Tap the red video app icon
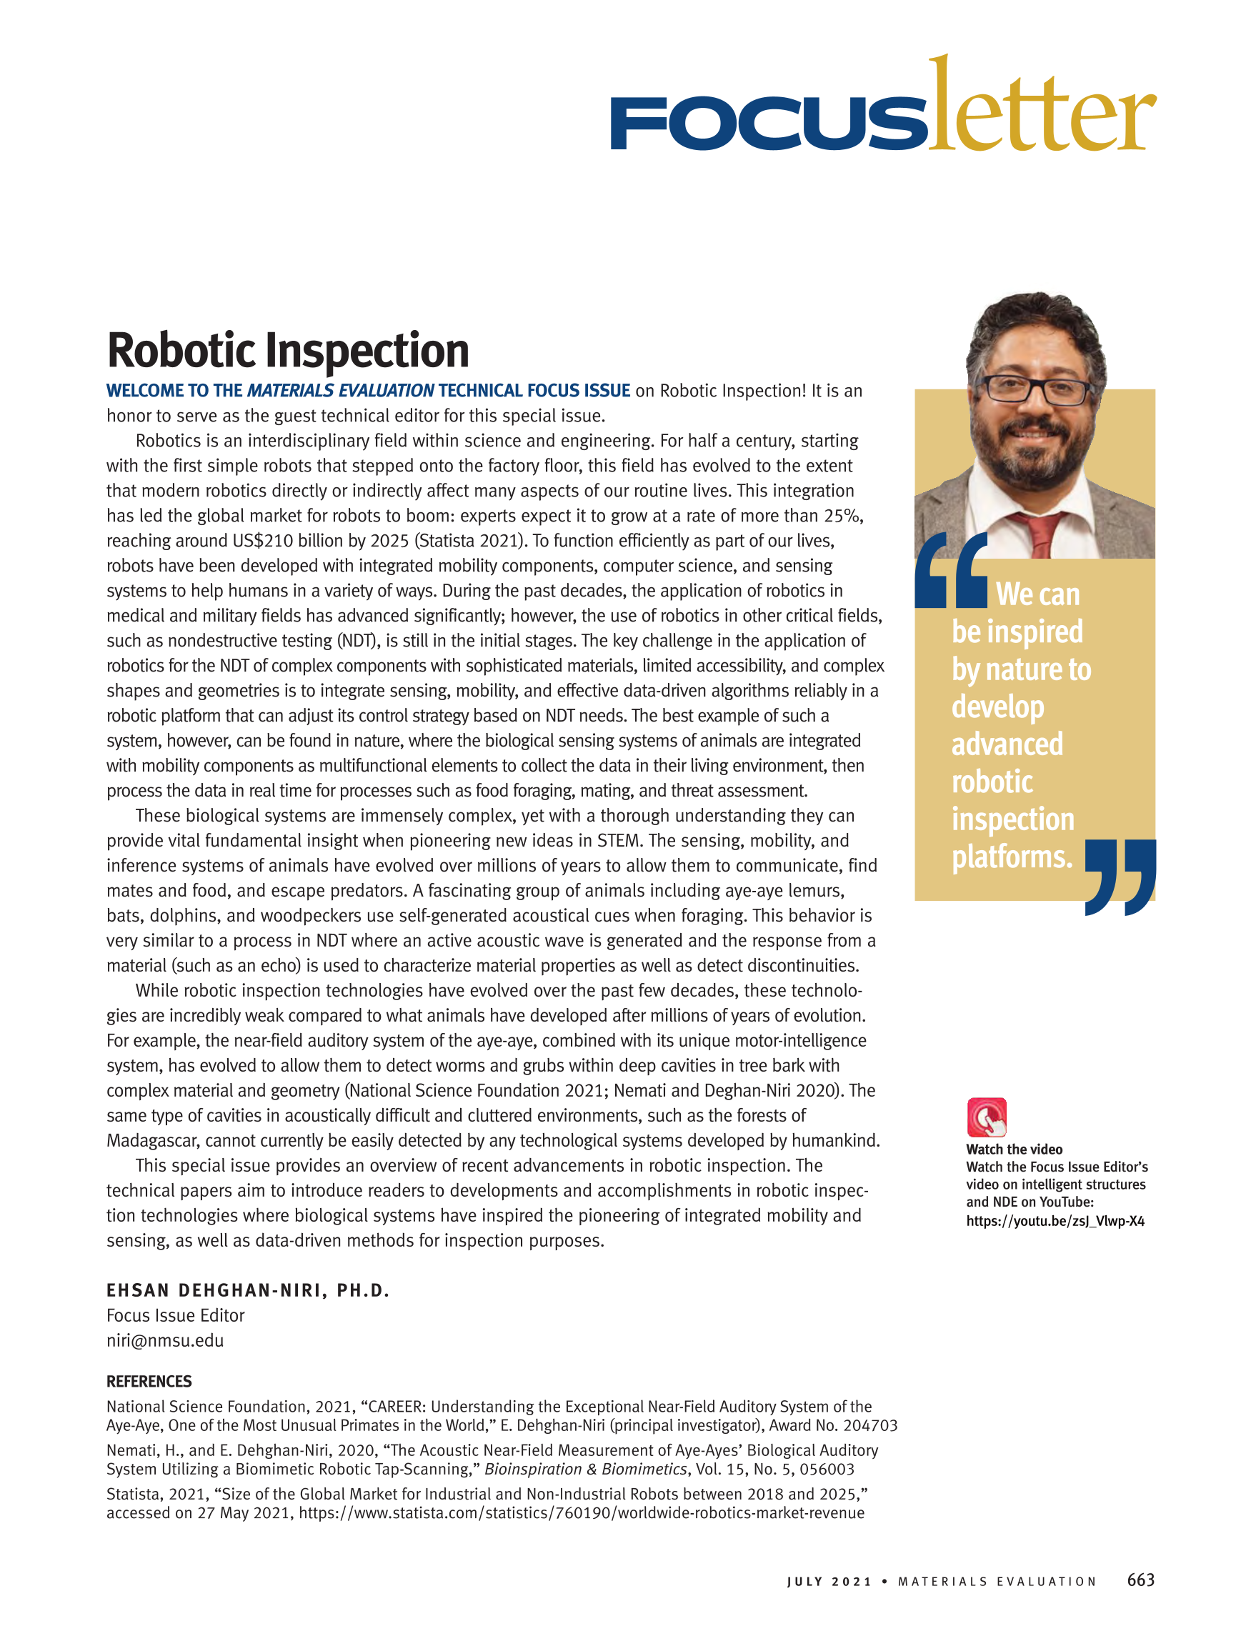(987, 1117)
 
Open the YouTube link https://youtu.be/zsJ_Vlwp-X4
(1055, 1221)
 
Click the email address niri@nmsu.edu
(165, 1340)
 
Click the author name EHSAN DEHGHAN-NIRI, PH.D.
(248, 1290)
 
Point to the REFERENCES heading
(149, 1382)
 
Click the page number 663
(1140, 1580)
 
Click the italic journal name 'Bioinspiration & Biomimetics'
(584, 1469)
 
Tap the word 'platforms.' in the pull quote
(1012, 857)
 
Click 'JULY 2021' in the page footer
(829, 1582)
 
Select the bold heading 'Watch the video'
(1013, 1149)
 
